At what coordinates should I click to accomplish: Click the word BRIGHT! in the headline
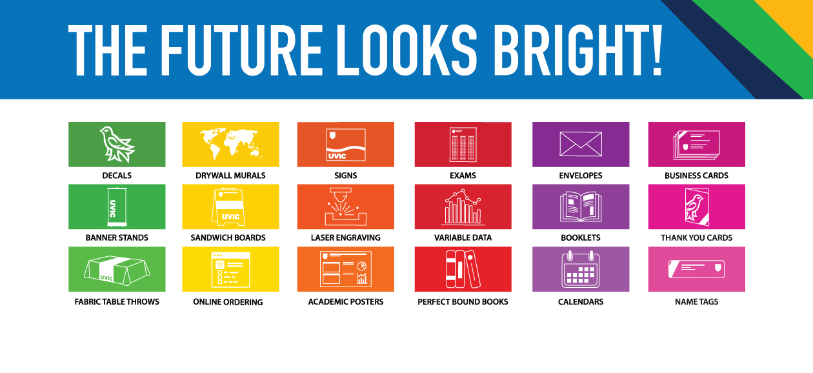pos(578,50)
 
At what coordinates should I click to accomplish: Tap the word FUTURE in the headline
pos(242,50)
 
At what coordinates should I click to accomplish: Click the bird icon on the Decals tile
pos(117,144)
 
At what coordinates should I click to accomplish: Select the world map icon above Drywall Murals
pos(231,144)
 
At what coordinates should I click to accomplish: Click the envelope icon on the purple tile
pos(581,144)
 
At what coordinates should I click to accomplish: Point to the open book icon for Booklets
pos(581,207)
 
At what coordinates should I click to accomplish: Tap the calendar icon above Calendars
pos(581,269)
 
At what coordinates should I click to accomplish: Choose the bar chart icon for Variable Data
pos(463,207)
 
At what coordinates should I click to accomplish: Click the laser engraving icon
pos(346,207)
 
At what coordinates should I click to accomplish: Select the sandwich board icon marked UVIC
pos(228,207)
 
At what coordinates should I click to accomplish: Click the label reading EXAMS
pos(463,176)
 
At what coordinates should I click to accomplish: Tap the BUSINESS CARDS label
pos(696,176)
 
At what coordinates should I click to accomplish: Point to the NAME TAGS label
pos(696,302)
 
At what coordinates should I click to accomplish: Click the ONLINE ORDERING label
pos(228,302)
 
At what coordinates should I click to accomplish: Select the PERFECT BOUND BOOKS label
pos(463,302)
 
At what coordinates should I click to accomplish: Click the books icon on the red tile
pos(463,269)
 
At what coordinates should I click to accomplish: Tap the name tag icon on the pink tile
pos(696,269)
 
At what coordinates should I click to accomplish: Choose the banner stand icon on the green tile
pos(117,207)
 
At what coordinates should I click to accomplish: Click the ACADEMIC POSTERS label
pos(346,302)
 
